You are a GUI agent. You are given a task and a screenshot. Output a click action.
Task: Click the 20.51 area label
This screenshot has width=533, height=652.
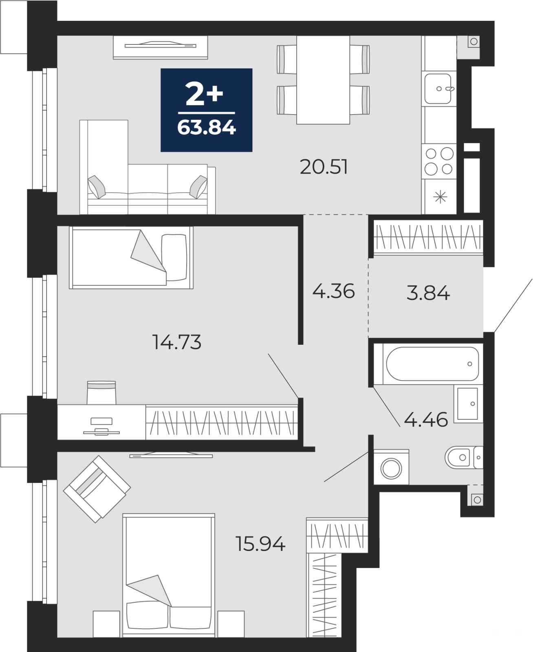click(324, 167)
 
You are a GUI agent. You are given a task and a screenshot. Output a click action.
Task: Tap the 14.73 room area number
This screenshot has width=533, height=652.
click(176, 342)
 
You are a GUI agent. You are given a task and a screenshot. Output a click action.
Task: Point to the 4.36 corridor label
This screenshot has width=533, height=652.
click(333, 291)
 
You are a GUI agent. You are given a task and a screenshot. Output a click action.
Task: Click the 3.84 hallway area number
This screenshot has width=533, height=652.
click(428, 293)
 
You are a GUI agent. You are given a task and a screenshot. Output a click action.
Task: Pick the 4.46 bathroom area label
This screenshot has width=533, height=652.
click(426, 419)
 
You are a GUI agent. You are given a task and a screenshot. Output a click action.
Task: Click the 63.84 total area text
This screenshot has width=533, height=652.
click(207, 128)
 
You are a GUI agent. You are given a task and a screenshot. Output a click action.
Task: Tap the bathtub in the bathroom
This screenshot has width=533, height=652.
click(432, 363)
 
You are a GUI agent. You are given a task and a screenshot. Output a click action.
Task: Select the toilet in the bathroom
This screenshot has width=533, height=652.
click(464, 457)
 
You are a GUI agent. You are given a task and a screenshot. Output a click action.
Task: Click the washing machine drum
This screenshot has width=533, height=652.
click(391, 469)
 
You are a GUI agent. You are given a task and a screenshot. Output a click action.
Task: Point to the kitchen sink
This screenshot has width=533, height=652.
click(438, 89)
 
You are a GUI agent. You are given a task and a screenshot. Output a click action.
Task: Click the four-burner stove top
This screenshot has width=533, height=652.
click(439, 161)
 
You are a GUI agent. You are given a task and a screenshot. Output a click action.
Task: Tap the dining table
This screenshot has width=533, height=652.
click(323, 80)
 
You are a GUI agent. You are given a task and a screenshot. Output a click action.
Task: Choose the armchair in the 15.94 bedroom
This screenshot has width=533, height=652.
click(97, 489)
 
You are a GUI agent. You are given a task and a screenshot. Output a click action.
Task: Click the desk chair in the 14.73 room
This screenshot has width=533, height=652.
click(101, 392)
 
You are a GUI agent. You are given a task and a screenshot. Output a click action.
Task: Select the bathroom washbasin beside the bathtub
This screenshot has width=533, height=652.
click(468, 403)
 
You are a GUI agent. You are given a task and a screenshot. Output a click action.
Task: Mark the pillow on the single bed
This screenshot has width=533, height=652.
click(174, 258)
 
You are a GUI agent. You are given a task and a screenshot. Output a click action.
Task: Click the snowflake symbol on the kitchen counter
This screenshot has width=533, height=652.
click(440, 197)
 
